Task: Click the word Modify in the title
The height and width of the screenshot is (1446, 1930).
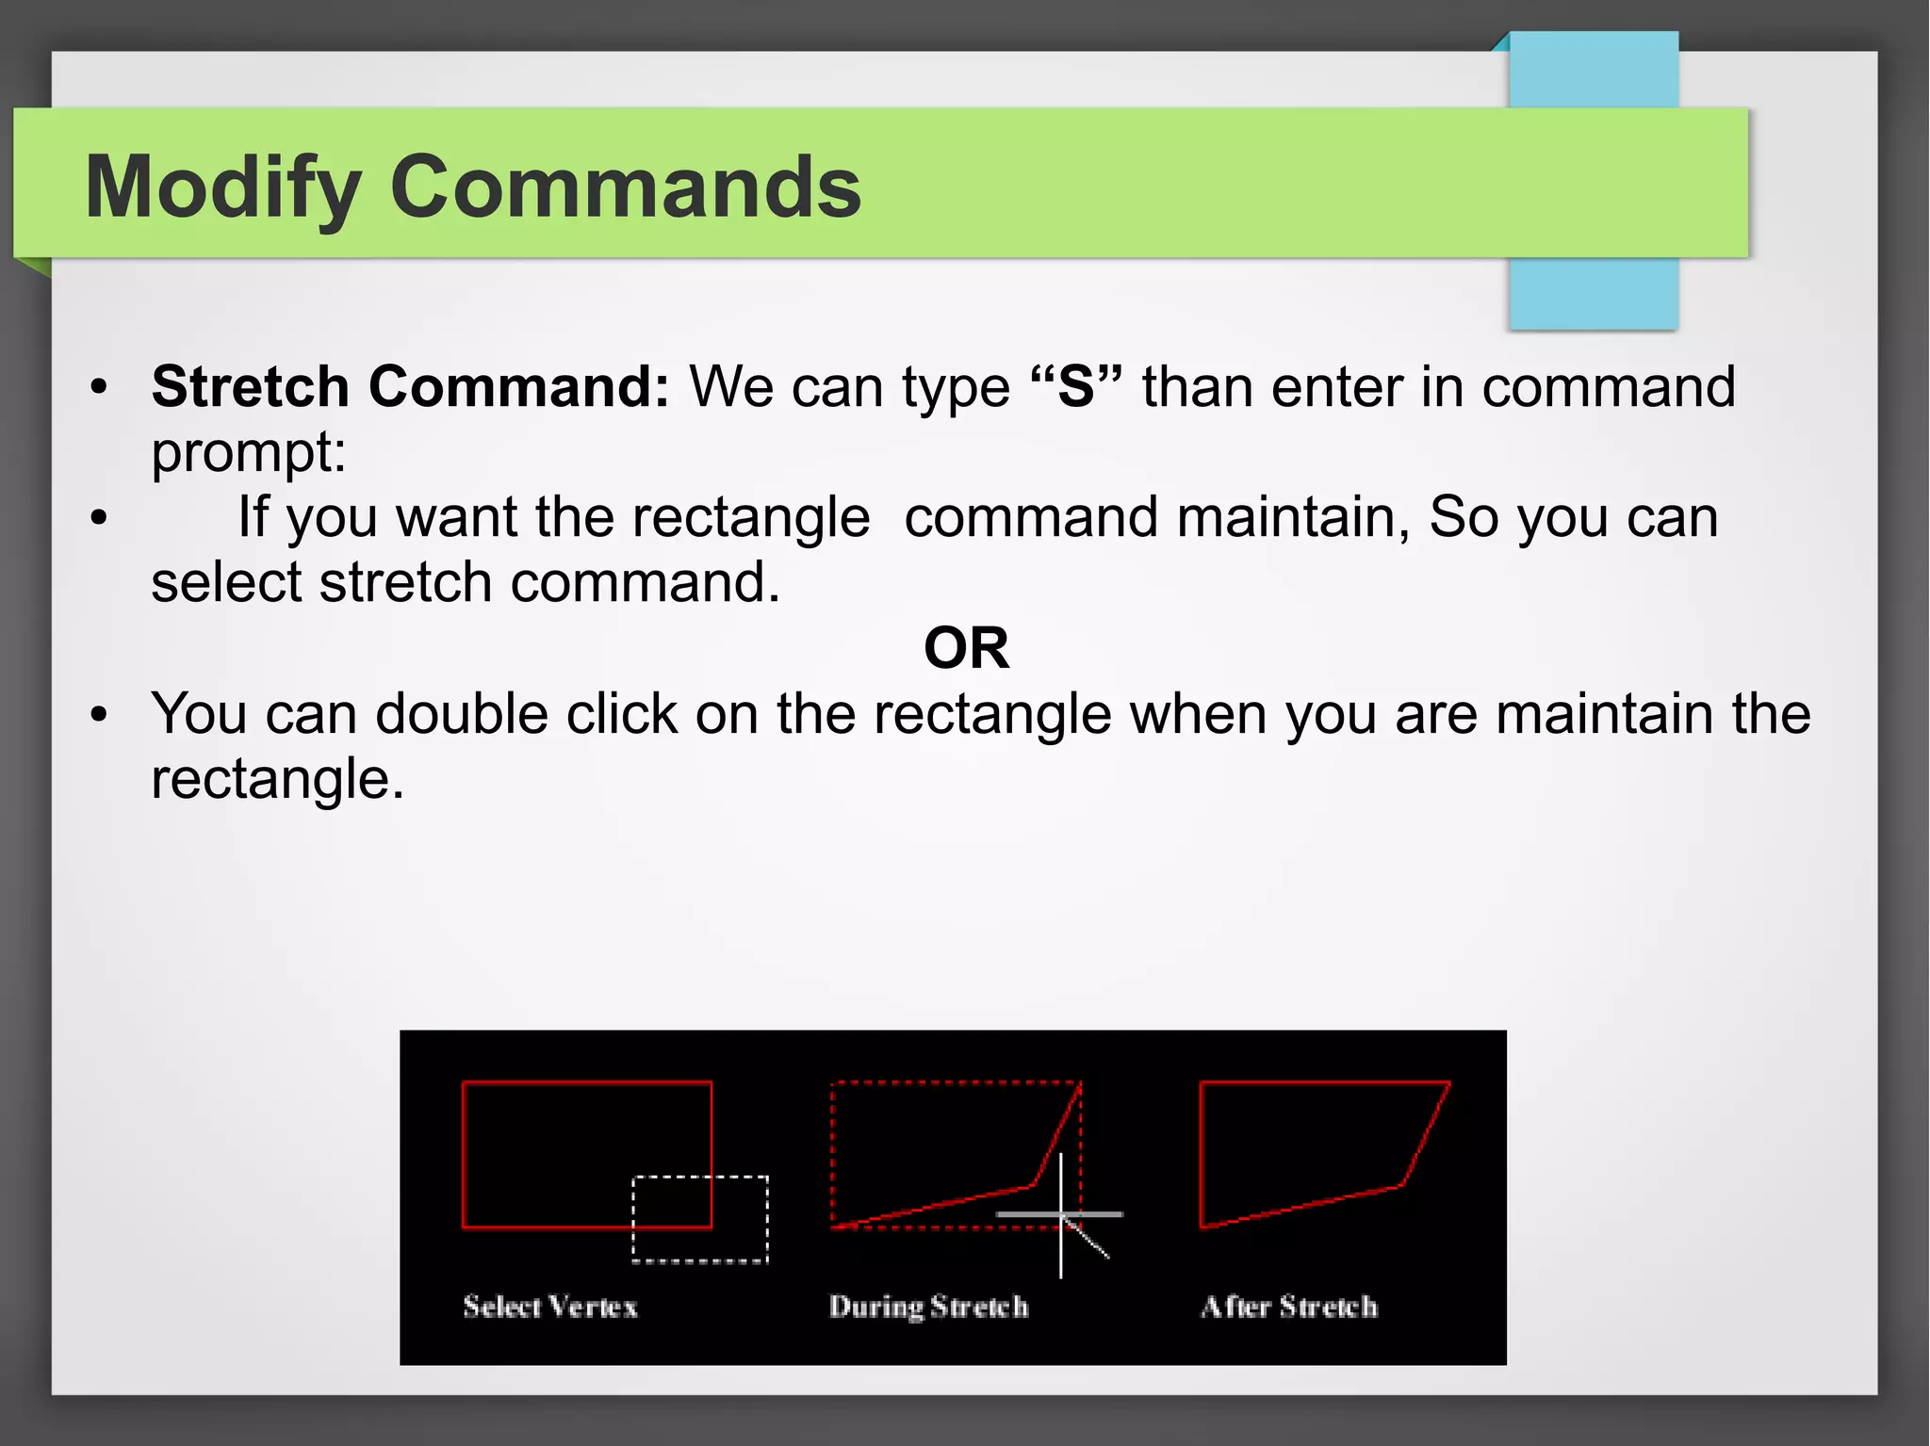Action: [x=223, y=188]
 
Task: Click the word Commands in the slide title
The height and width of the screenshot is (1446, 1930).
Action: [x=625, y=187]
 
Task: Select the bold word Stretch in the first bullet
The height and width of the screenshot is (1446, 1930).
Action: [x=250, y=386]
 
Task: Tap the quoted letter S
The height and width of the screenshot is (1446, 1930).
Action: [x=1076, y=386]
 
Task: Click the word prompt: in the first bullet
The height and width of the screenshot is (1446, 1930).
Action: [x=249, y=452]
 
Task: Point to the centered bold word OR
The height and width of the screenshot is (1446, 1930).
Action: [x=966, y=648]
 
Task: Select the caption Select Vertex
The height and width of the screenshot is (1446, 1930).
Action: [x=550, y=1307]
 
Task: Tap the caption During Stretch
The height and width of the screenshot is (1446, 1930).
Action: [x=928, y=1307]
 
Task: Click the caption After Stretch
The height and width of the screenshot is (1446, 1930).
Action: [x=1289, y=1307]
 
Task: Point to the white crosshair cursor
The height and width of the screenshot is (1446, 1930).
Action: [x=1061, y=1214]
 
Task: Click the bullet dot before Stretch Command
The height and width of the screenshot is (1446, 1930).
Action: [x=99, y=387]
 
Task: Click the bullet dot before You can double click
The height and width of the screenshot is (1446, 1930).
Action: [x=99, y=714]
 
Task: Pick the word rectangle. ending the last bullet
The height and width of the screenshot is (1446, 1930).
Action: [x=277, y=780]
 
